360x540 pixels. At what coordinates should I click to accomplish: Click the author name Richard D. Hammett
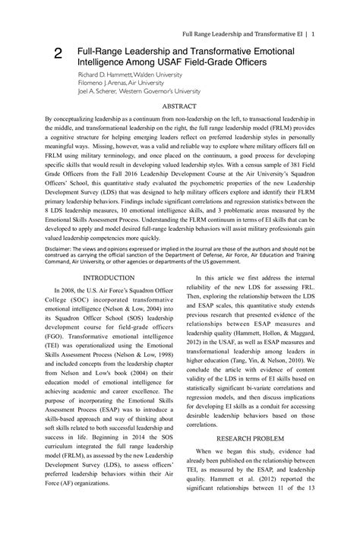105,76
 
